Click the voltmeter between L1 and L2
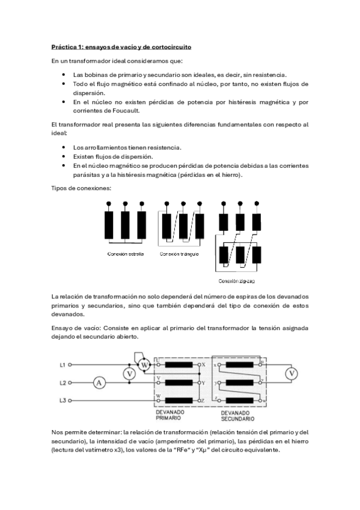pos(128,373)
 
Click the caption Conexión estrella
pos(126,254)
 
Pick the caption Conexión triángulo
pos(179,254)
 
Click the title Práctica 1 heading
pos(121,46)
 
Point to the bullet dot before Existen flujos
pos(64,156)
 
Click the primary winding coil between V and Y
pos(180,382)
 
